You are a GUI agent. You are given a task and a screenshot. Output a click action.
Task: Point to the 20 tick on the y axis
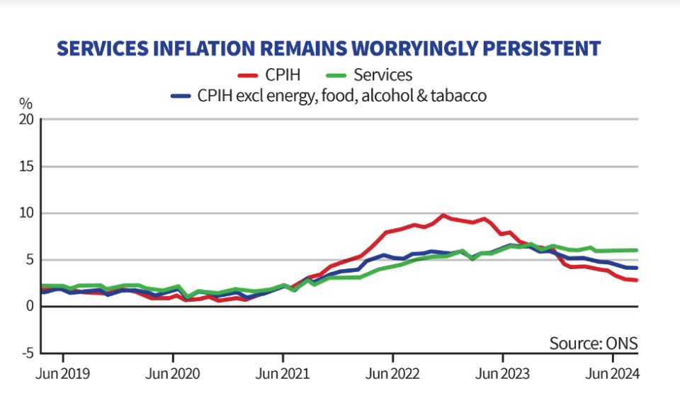pos(26,120)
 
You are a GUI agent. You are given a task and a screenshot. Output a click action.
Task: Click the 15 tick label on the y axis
pos(26,166)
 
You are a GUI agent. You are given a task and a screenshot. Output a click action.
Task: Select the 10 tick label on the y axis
pos(26,213)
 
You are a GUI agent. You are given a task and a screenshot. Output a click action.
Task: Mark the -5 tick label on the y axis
pos(27,353)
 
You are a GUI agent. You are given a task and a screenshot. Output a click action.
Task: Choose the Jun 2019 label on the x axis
pos(62,373)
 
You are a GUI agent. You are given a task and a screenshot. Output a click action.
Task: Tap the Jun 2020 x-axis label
pos(172,373)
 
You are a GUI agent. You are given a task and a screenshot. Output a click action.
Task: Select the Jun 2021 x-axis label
pos(282,373)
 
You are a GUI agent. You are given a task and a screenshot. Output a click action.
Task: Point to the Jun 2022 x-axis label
pos(392,373)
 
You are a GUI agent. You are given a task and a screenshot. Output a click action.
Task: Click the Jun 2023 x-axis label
pos(501,373)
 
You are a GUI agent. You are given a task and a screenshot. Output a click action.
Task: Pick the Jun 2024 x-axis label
pos(611,373)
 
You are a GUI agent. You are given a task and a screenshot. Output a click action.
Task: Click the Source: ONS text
pos(594,344)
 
